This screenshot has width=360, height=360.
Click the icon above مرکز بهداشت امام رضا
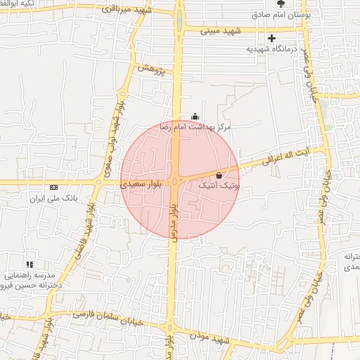(x=195, y=117)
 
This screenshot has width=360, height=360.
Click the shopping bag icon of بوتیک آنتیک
(x=219, y=175)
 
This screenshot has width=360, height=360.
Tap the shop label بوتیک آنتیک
(x=219, y=186)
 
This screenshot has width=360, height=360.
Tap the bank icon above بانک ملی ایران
(x=54, y=187)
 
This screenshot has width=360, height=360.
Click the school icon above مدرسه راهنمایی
(x=30, y=264)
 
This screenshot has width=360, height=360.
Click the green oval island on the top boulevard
(x=179, y=20)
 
